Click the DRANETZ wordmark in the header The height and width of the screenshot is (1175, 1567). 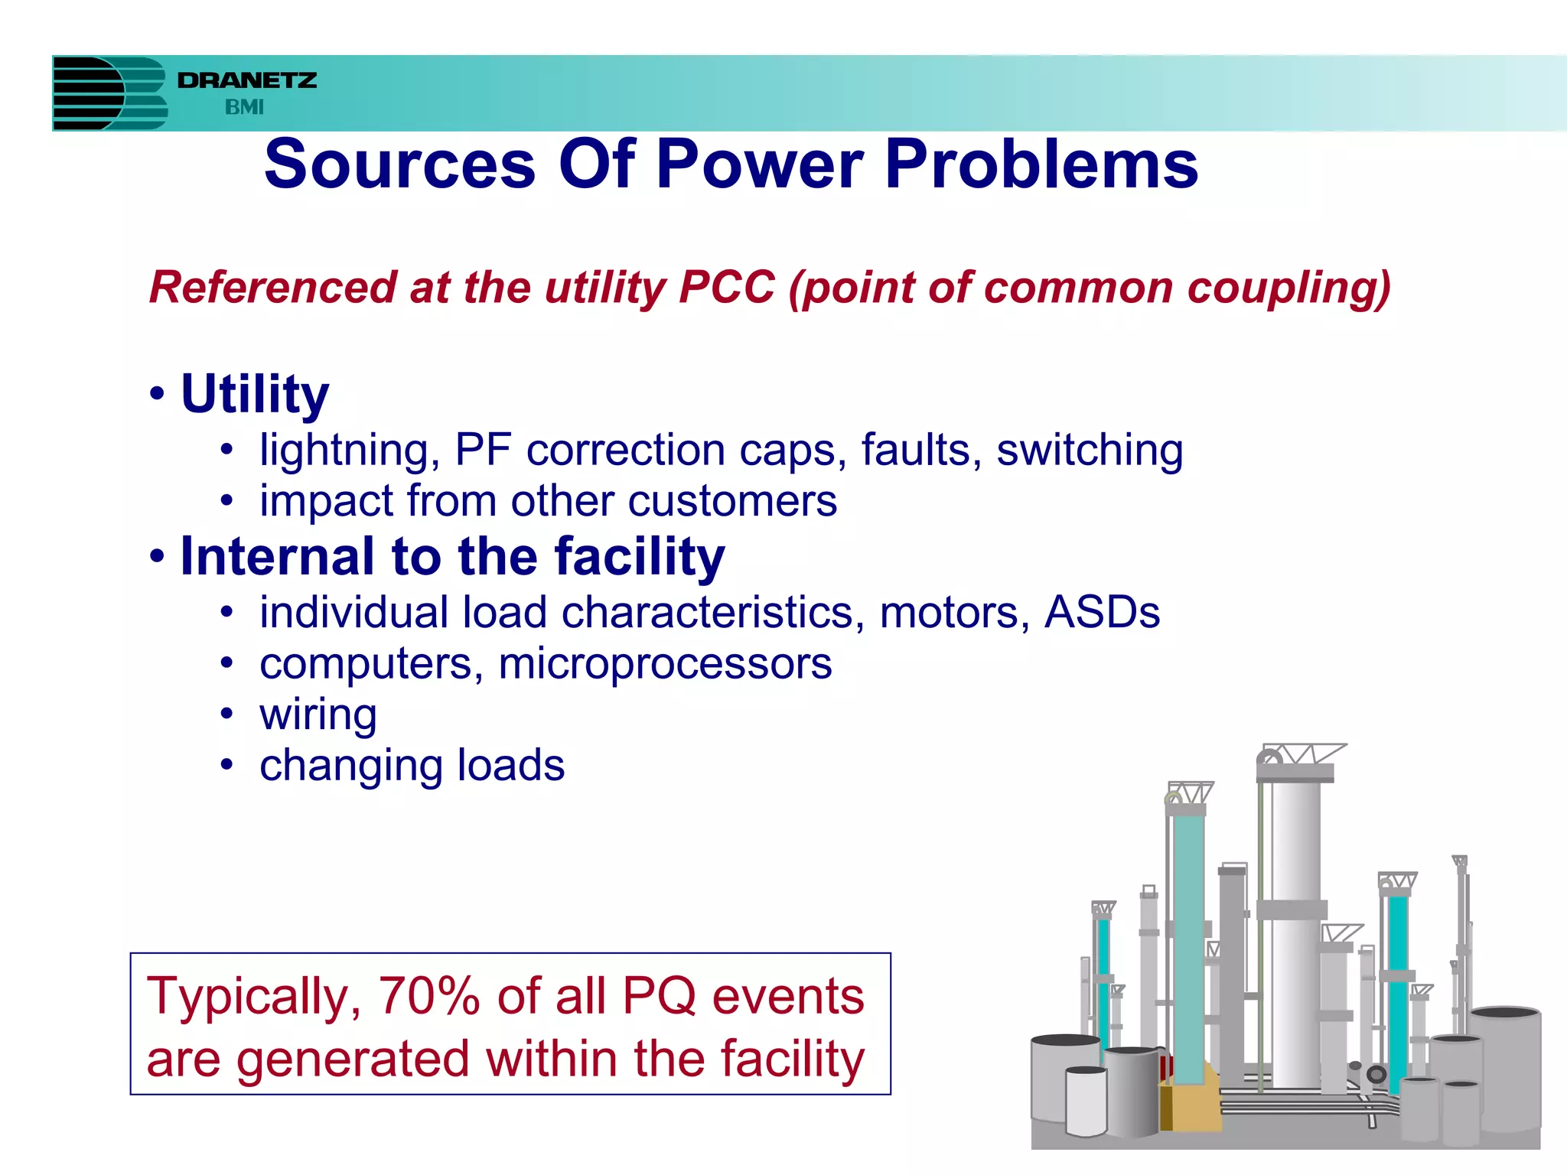(x=246, y=80)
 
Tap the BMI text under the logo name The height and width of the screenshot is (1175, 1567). (x=244, y=107)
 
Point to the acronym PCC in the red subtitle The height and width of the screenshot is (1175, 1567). (x=726, y=288)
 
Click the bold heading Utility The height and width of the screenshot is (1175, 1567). (x=255, y=395)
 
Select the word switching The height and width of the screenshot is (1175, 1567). (x=1089, y=450)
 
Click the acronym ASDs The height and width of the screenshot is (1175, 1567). (x=1102, y=613)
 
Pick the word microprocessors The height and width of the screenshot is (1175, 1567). (x=664, y=663)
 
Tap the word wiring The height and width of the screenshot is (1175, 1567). (x=318, y=714)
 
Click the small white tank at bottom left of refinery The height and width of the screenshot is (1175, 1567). (x=1086, y=1102)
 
